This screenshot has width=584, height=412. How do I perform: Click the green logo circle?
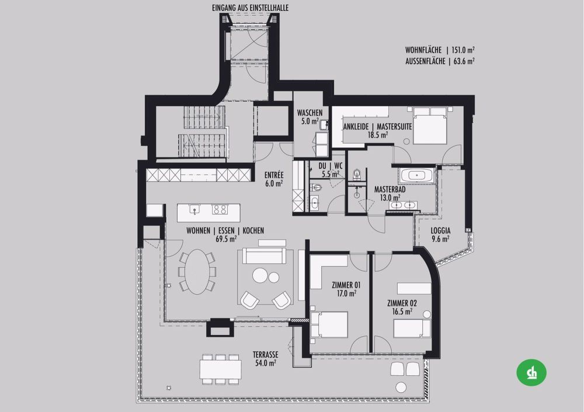click(531, 372)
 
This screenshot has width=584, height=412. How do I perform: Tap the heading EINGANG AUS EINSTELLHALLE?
click(250, 8)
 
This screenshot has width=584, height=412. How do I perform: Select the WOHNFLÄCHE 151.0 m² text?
click(440, 50)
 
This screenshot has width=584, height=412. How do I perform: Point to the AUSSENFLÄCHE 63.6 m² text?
click(440, 61)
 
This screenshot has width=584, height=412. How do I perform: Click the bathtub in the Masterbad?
click(416, 175)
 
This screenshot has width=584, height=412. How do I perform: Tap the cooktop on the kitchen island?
click(220, 210)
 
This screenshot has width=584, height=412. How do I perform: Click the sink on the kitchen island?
click(194, 210)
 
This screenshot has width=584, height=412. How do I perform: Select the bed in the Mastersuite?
click(429, 125)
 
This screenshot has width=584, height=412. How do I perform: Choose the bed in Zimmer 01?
click(329, 325)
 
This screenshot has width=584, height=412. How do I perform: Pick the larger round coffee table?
click(259, 276)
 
